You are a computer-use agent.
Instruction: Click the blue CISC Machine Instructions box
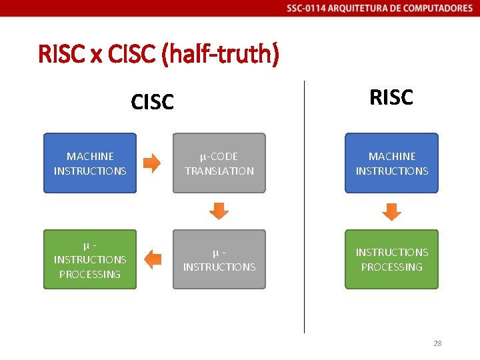(x=90, y=163)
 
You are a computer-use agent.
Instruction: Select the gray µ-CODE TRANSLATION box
(x=219, y=163)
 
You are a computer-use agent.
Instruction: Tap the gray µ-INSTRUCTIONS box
(x=219, y=259)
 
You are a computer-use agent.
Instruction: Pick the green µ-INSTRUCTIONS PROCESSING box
(x=90, y=259)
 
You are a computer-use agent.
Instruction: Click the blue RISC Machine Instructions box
(x=391, y=163)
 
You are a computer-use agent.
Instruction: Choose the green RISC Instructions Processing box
(x=391, y=259)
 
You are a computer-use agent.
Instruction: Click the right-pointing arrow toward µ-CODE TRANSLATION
(x=152, y=163)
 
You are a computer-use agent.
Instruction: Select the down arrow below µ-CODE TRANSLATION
(x=219, y=211)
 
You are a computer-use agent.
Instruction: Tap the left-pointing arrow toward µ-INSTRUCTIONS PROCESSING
(x=153, y=259)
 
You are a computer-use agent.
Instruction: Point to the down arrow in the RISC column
(x=391, y=211)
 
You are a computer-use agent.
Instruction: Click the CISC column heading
(x=153, y=102)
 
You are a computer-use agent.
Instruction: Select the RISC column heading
(x=391, y=97)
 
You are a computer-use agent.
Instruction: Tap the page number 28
(x=437, y=343)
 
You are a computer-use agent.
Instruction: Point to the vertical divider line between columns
(x=304, y=207)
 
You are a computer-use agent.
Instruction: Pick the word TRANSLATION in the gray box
(x=219, y=171)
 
